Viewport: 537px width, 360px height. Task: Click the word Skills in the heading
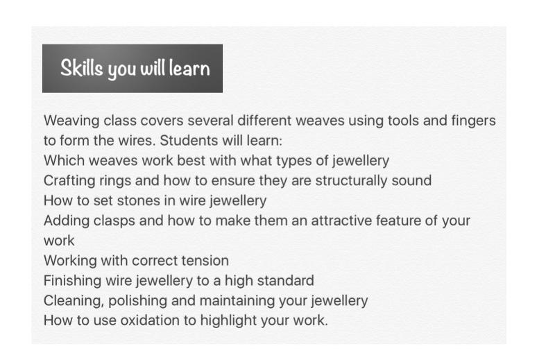click(x=81, y=67)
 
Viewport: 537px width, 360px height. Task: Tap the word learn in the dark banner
click(x=189, y=68)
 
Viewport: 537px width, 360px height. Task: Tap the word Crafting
click(x=69, y=181)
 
